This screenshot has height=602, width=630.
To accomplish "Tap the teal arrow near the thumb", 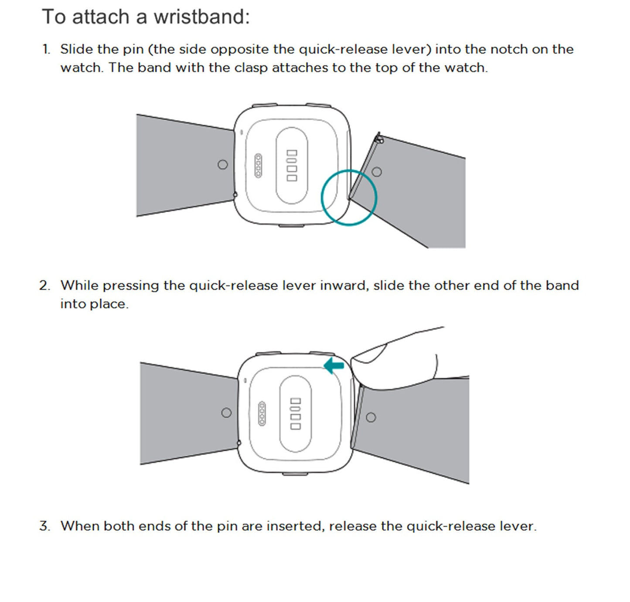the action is coord(334,365).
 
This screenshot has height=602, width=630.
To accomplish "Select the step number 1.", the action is coord(46,50).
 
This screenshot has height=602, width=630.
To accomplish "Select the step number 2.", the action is coord(44,286).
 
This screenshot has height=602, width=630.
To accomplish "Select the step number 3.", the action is coord(44,526).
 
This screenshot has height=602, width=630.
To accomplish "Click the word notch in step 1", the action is coord(510,50).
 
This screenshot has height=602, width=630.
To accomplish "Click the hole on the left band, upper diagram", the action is coord(222,165).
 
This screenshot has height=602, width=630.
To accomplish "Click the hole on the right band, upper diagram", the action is coord(377,172).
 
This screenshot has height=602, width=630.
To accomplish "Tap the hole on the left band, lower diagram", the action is coord(226,413).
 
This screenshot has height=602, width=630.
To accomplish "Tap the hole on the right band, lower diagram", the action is coord(371,417).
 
